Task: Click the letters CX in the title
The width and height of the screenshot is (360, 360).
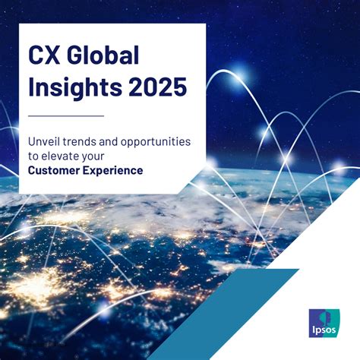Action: (x=44, y=55)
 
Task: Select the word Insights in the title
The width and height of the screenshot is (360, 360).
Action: (x=75, y=88)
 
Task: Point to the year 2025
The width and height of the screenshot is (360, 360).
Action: (x=158, y=87)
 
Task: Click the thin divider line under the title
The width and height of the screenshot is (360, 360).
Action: (x=66, y=116)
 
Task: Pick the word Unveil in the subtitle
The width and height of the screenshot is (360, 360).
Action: (x=44, y=141)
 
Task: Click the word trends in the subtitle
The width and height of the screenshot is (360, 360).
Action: (x=80, y=141)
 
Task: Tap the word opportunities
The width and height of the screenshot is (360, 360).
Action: (x=156, y=143)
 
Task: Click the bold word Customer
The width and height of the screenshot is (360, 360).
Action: (x=54, y=170)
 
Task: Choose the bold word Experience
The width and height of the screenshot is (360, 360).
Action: (x=113, y=171)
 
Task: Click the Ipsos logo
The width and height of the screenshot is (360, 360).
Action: (x=325, y=323)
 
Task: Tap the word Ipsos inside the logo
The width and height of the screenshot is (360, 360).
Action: (x=324, y=330)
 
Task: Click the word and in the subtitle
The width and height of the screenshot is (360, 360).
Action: (x=109, y=141)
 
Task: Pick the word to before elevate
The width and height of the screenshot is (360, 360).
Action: (x=33, y=156)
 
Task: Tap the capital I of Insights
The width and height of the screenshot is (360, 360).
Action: (x=30, y=87)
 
